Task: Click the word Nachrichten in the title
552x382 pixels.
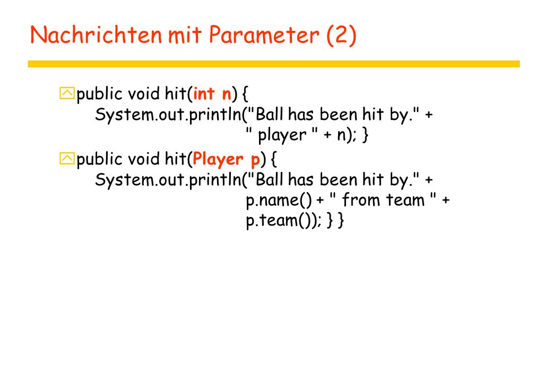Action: [x=96, y=34]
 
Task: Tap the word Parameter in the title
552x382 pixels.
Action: [x=264, y=35]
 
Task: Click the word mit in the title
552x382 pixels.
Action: [x=185, y=35]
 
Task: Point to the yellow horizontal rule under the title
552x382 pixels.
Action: [x=274, y=64]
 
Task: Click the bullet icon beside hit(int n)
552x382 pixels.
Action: [x=67, y=93]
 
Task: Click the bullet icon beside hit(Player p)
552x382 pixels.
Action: [x=67, y=158]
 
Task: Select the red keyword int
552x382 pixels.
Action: [x=204, y=93]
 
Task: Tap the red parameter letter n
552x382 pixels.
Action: [x=227, y=95]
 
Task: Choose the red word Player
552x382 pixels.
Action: [x=218, y=160]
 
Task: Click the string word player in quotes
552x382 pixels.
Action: [x=282, y=135]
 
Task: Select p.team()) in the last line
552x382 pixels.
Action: [x=283, y=221]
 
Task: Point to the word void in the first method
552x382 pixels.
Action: [x=143, y=93]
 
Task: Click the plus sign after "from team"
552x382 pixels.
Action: [x=446, y=200]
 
